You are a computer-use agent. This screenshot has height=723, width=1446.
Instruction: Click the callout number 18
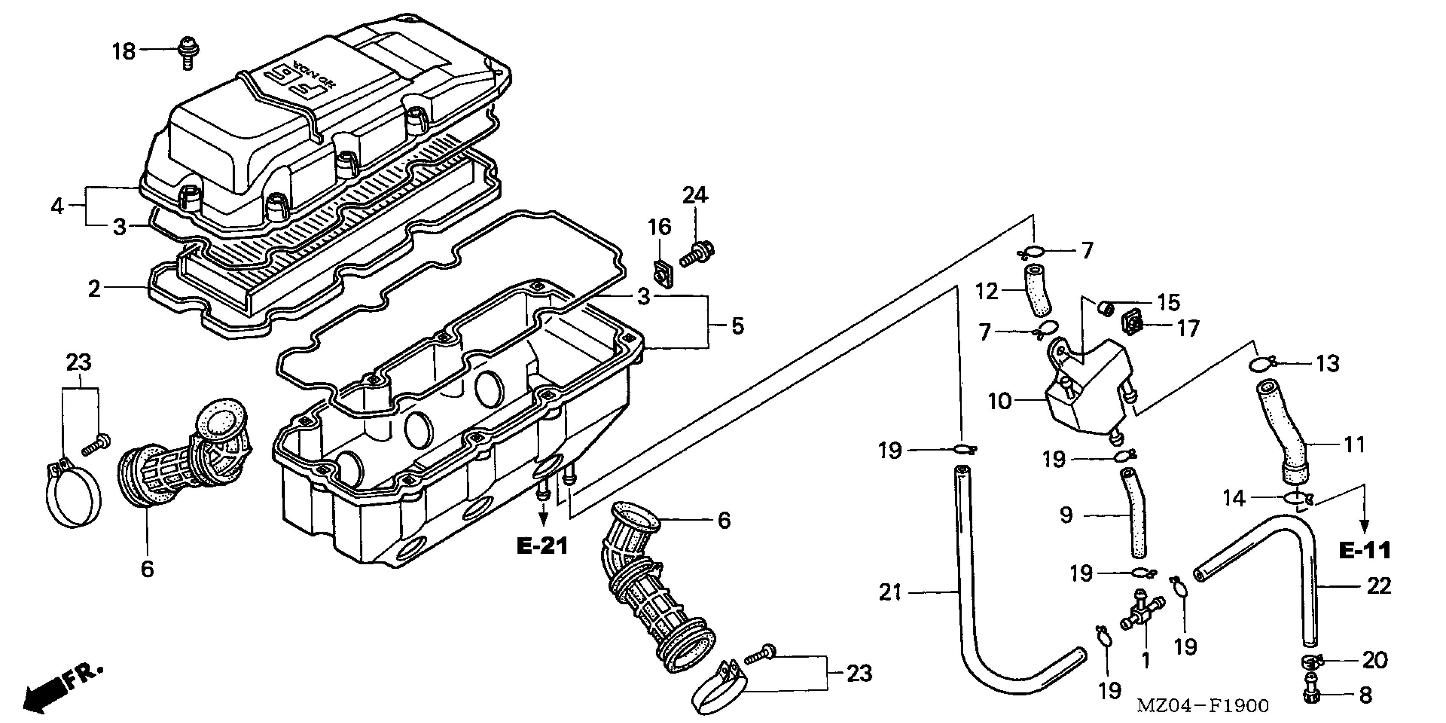(x=124, y=52)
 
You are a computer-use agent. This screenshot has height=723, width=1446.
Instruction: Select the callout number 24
(x=695, y=196)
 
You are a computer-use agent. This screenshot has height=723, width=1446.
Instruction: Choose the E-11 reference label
(x=1364, y=550)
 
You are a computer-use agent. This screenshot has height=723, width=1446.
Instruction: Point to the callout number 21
(x=890, y=592)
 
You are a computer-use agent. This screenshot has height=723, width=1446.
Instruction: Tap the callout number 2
(x=94, y=289)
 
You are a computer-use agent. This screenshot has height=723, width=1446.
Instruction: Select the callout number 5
(x=738, y=326)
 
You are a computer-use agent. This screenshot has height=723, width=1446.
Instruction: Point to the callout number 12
(x=987, y=292)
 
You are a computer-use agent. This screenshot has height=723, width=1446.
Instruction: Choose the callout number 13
(x=1328, y=364)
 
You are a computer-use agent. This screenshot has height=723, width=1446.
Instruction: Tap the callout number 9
(x=1067, y=515)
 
